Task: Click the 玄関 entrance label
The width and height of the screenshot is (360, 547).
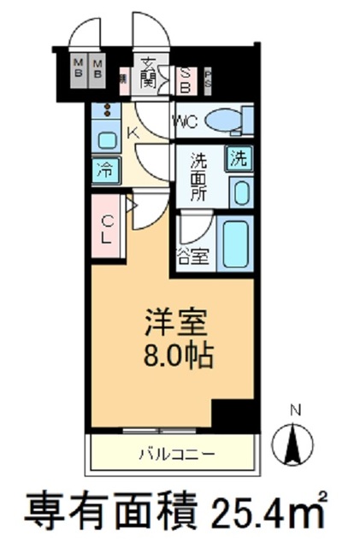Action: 148,74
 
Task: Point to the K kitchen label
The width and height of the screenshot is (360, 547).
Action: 134,132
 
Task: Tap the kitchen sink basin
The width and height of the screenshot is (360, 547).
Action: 107,140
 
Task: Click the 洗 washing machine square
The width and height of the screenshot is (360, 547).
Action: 240,157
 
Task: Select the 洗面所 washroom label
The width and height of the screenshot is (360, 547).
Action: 199,177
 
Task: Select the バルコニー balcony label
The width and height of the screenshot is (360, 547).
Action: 170,454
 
